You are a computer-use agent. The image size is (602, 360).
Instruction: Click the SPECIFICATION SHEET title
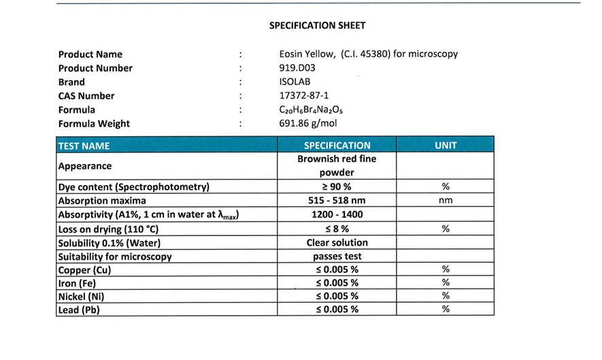(317, 26)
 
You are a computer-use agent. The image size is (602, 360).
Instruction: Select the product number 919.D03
(297, 68)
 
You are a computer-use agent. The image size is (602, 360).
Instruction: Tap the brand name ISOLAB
(295, 82)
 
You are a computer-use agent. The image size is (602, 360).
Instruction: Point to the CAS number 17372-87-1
(304, 96)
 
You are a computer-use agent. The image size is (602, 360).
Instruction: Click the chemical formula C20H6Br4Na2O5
(307, 110)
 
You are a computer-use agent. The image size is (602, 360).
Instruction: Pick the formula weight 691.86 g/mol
(308, 124)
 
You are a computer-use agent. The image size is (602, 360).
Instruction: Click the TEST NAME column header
(84, 146)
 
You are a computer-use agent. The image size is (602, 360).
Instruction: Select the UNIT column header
(446, 145)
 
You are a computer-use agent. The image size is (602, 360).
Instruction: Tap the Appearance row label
(85, 166)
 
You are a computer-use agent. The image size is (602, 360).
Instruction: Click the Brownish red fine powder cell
(337, 165)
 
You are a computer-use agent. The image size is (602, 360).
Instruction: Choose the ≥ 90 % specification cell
(337, 187)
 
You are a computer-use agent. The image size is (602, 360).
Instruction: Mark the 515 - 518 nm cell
(337, 201)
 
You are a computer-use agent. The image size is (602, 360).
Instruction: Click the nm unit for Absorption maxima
(446, 201)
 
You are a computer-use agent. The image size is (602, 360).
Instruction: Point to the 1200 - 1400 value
(337, 215)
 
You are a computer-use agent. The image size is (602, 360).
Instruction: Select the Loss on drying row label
(108, 229)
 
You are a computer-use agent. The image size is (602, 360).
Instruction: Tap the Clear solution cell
(337, 243)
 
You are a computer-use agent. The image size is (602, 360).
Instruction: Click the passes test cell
(337, 257)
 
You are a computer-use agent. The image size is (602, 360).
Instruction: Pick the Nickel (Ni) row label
(81, 297)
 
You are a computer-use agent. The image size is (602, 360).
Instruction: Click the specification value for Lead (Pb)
(337, 310)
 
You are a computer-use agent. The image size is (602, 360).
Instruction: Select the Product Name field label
(90, 54)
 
